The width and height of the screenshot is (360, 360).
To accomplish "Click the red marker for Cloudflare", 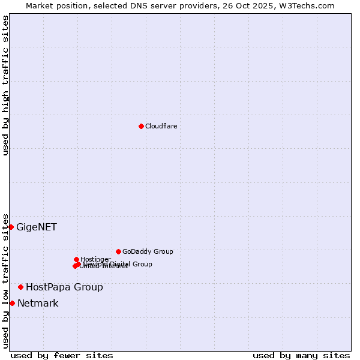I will point(141,126).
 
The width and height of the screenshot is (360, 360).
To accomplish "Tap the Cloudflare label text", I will point(161,126).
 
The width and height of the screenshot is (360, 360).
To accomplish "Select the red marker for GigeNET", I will point(11,227).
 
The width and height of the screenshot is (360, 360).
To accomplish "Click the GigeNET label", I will point(37,227).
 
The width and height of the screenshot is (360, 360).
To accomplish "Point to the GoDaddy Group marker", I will point(118,251).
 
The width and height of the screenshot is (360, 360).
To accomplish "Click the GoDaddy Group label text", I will point(148,251).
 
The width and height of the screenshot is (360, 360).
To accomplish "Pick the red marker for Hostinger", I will point(76,259).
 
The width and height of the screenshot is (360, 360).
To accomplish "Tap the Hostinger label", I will point(95,259).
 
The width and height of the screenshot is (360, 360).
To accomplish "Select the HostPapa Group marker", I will point(20,287).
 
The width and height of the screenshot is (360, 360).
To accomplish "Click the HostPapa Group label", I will point(64,287).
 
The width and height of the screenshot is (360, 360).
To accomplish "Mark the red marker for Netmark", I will point(12,303).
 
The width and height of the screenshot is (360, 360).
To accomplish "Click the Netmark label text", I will point(38,303).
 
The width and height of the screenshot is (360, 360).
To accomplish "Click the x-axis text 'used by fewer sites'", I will point(62,355).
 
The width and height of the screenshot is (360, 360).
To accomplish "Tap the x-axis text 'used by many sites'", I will point(301,355).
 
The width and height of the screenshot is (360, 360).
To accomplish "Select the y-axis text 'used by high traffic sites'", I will point(5,85).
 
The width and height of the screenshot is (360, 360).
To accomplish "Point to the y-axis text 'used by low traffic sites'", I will point(5,280).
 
